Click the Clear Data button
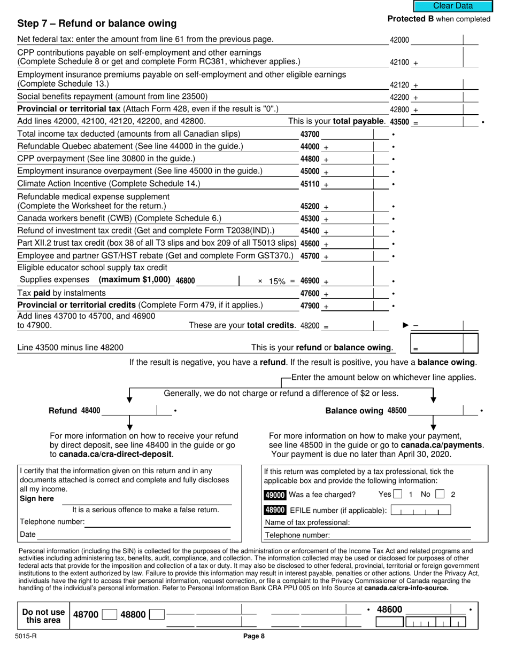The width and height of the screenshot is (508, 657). (x=452, y=6)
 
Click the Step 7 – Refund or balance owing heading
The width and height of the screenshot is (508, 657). (x=97, y=24)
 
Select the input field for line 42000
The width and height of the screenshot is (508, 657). (x=436, y=40)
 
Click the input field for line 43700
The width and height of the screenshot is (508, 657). (x=347, y=134)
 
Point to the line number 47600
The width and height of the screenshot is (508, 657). (x=310, y=294)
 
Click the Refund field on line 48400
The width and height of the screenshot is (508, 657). (x=128, y=411)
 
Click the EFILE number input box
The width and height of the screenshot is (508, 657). (x=420, y=511)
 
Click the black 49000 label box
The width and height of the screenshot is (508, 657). (x=275, y=495)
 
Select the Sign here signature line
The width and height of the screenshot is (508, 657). (x=147, y=500)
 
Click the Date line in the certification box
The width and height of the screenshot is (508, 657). (x=134, y=535)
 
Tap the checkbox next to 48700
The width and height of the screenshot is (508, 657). (x=109, y=615)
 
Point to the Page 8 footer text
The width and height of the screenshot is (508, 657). (x=254, y=636)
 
